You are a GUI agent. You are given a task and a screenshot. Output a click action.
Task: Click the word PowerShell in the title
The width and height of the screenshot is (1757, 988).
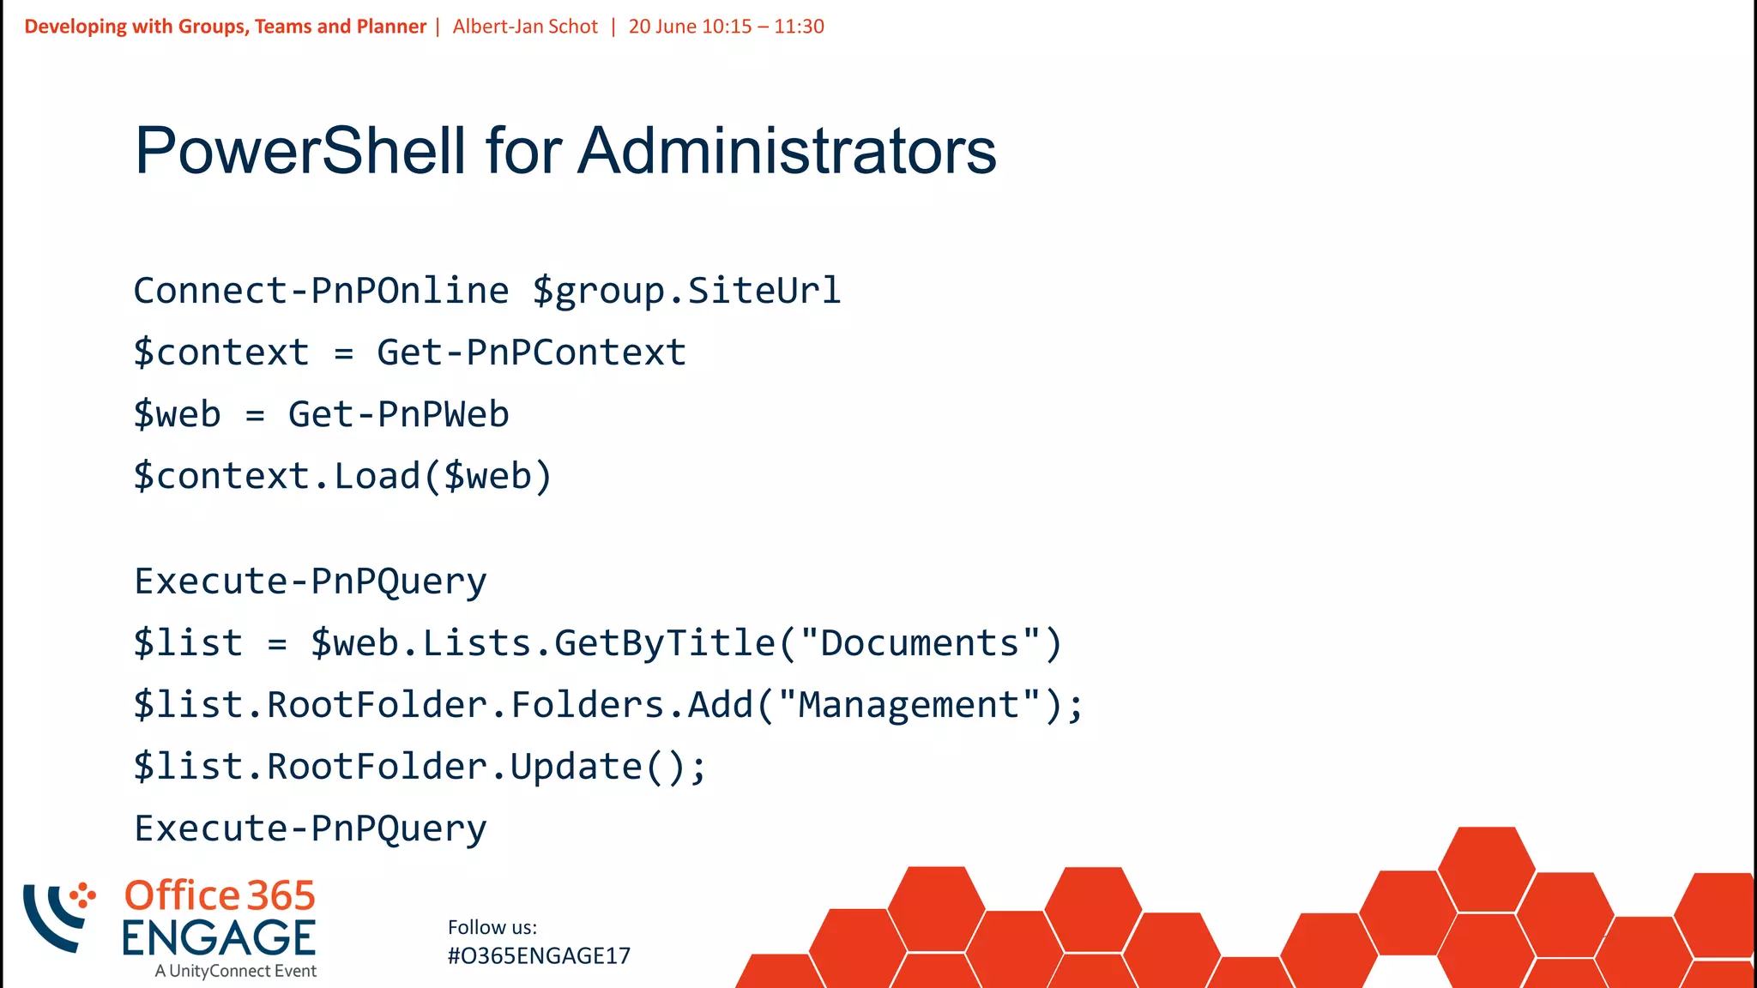click(300, 151)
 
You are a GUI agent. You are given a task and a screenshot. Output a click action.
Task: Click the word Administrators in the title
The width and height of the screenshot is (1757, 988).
click(787, 151)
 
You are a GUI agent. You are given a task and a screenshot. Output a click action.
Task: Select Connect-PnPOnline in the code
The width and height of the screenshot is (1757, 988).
click(321, 291)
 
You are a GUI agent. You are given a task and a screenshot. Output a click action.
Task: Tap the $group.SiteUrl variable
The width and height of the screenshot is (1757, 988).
click(686, 291)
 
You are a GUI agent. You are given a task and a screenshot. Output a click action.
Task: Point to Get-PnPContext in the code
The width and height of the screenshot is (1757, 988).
click(531, 352)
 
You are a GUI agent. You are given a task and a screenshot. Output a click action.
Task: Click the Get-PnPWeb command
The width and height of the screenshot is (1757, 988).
click(398, 414)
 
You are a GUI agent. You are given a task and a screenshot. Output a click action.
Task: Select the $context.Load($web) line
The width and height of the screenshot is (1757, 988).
click(342, 476)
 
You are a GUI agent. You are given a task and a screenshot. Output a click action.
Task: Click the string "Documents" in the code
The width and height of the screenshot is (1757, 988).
click(919, 643)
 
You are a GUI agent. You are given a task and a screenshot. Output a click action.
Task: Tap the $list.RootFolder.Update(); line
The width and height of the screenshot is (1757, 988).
click(420, 767)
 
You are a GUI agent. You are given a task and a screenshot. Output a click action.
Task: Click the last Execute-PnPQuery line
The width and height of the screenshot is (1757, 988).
click(311, 828)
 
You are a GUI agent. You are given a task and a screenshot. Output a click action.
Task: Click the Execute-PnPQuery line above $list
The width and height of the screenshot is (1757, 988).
click(311, 581)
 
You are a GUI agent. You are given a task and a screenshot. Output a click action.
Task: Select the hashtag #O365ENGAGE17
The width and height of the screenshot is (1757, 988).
click(539, 956)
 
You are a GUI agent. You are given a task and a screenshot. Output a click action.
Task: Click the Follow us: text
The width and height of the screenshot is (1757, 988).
click(492, 927)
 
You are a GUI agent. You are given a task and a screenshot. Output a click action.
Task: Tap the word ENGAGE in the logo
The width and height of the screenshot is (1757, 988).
click(219, 938)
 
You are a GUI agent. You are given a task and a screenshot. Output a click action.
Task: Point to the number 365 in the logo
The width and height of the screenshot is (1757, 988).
click(281, 896)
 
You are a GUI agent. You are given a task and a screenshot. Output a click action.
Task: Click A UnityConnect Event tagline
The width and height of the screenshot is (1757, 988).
click(236, 971)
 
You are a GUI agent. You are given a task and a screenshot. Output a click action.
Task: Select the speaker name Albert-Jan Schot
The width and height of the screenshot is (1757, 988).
click(525, 27)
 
